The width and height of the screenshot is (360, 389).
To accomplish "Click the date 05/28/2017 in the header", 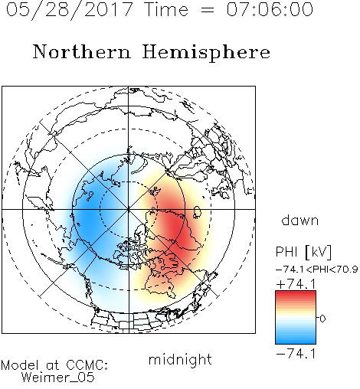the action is tap(70, 9).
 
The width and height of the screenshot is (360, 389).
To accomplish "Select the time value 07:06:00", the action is tap(270, 9).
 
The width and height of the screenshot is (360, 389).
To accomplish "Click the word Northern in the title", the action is tap(82, 51).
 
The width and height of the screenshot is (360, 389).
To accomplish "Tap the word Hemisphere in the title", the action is tap(206, 53).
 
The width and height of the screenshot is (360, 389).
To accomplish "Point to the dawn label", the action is tap(300, 220).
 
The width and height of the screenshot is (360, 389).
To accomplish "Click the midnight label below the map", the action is tap(180, 359).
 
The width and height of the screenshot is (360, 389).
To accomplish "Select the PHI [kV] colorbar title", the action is tap(303, 252).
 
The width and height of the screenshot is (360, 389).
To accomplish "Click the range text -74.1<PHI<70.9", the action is tap(316, 270).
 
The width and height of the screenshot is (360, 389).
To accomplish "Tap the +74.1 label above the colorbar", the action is tap(296, 284).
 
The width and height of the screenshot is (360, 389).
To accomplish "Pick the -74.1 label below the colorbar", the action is tap(296, 354).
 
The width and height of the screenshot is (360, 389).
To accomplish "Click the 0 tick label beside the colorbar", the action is tap(322, 319).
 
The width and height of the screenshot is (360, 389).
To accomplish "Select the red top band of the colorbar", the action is tap(296, 294).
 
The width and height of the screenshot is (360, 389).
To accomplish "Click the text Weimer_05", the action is tap(58, 378).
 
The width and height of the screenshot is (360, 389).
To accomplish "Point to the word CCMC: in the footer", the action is tap(87, 365).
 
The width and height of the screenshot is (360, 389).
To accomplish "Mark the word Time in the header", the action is tap(166, 9).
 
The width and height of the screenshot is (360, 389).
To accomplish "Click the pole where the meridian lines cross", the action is tap(129, 209).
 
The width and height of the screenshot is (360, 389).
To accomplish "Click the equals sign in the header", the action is tap(208, 10).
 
